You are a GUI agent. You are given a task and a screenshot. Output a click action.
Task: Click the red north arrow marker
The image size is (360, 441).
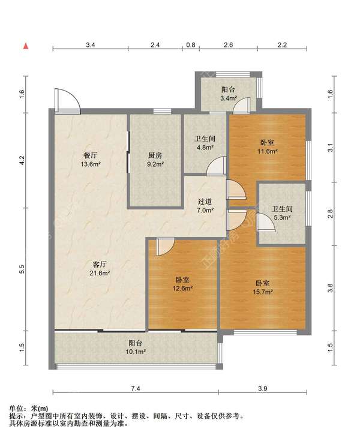point(26,46)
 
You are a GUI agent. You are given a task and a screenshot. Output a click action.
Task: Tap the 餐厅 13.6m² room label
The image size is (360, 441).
point(91,160)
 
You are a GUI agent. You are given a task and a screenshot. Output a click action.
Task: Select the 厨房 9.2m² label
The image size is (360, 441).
point(155,160)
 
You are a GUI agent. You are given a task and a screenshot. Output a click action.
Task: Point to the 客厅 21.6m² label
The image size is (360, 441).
point(100,269)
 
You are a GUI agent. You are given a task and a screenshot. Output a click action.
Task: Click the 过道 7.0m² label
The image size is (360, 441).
point(205,206)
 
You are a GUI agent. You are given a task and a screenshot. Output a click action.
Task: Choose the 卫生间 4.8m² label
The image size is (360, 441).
point(205,143)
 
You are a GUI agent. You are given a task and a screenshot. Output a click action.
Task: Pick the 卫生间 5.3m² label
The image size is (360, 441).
point(282,213)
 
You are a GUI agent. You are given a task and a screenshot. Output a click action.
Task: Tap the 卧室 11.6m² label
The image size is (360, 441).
point(268,147)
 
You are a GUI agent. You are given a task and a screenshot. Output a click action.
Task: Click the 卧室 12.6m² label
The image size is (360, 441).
point(182,284)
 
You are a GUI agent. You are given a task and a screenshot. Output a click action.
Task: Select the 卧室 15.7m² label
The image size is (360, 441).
point(263,287)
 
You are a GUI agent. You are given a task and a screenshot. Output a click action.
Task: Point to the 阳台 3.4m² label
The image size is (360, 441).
point(228,94)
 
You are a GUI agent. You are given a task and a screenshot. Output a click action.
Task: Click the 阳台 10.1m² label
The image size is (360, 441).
point(135,347)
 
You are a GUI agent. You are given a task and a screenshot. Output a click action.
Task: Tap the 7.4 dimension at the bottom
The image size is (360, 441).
point(135,388)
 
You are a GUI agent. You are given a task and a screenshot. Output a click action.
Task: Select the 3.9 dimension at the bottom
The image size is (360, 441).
point(263,388)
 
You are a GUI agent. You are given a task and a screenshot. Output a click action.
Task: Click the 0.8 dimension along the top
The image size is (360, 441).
point(191,45)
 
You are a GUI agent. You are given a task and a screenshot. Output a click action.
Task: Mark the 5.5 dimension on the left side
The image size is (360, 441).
point(22,269)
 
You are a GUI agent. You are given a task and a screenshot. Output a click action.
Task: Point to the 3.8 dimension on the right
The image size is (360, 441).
point(330,288)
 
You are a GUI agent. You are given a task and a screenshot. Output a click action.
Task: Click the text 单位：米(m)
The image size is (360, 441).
point(29,409)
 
